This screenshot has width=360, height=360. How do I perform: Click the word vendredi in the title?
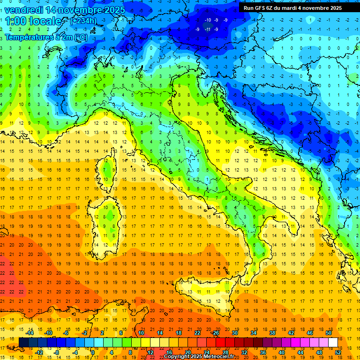26,10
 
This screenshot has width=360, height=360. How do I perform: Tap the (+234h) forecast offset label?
84,21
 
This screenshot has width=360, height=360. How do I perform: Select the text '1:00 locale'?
33,21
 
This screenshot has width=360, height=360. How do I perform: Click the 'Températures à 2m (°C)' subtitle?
46,37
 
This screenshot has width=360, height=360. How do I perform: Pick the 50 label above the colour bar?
329,333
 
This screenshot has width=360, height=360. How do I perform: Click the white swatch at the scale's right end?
333,342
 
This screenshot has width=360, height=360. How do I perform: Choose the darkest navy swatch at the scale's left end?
23,342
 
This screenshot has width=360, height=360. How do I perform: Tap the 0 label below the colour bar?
93,352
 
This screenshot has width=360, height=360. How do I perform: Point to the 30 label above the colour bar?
234,333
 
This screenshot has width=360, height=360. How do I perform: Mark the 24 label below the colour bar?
207,352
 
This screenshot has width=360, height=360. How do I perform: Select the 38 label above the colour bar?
272,333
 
